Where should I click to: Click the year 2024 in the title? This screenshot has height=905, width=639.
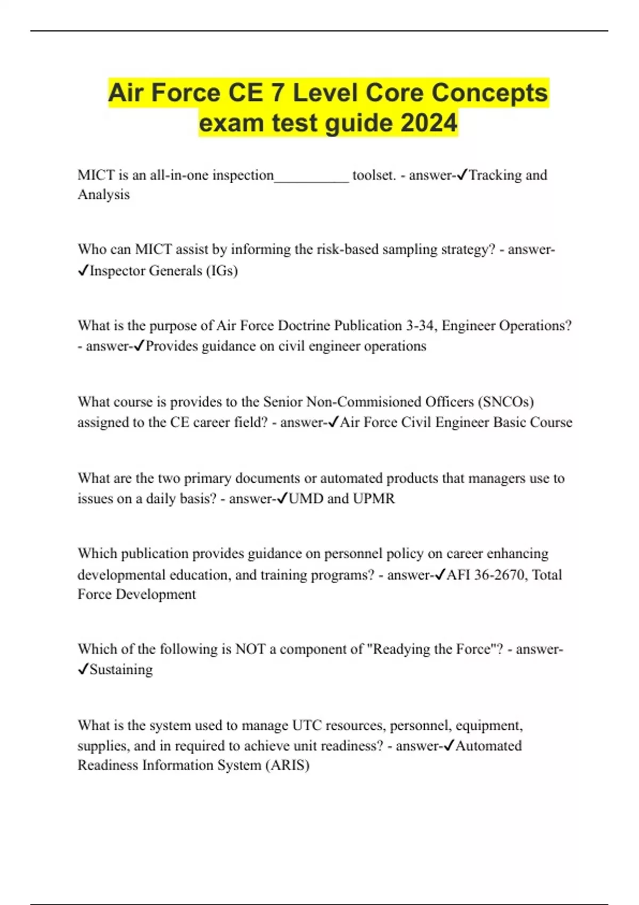click(x=429, y=123)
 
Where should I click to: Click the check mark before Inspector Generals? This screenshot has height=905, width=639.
click(x=83, y=271)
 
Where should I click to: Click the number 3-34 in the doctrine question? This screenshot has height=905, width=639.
click(x=420, y=325)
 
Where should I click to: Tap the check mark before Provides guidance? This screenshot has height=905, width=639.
click(x=140, y=346)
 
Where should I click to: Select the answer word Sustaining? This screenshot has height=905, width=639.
click(x=121, y=670)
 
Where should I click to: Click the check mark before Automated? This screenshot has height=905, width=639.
click(x=448, y=746)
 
